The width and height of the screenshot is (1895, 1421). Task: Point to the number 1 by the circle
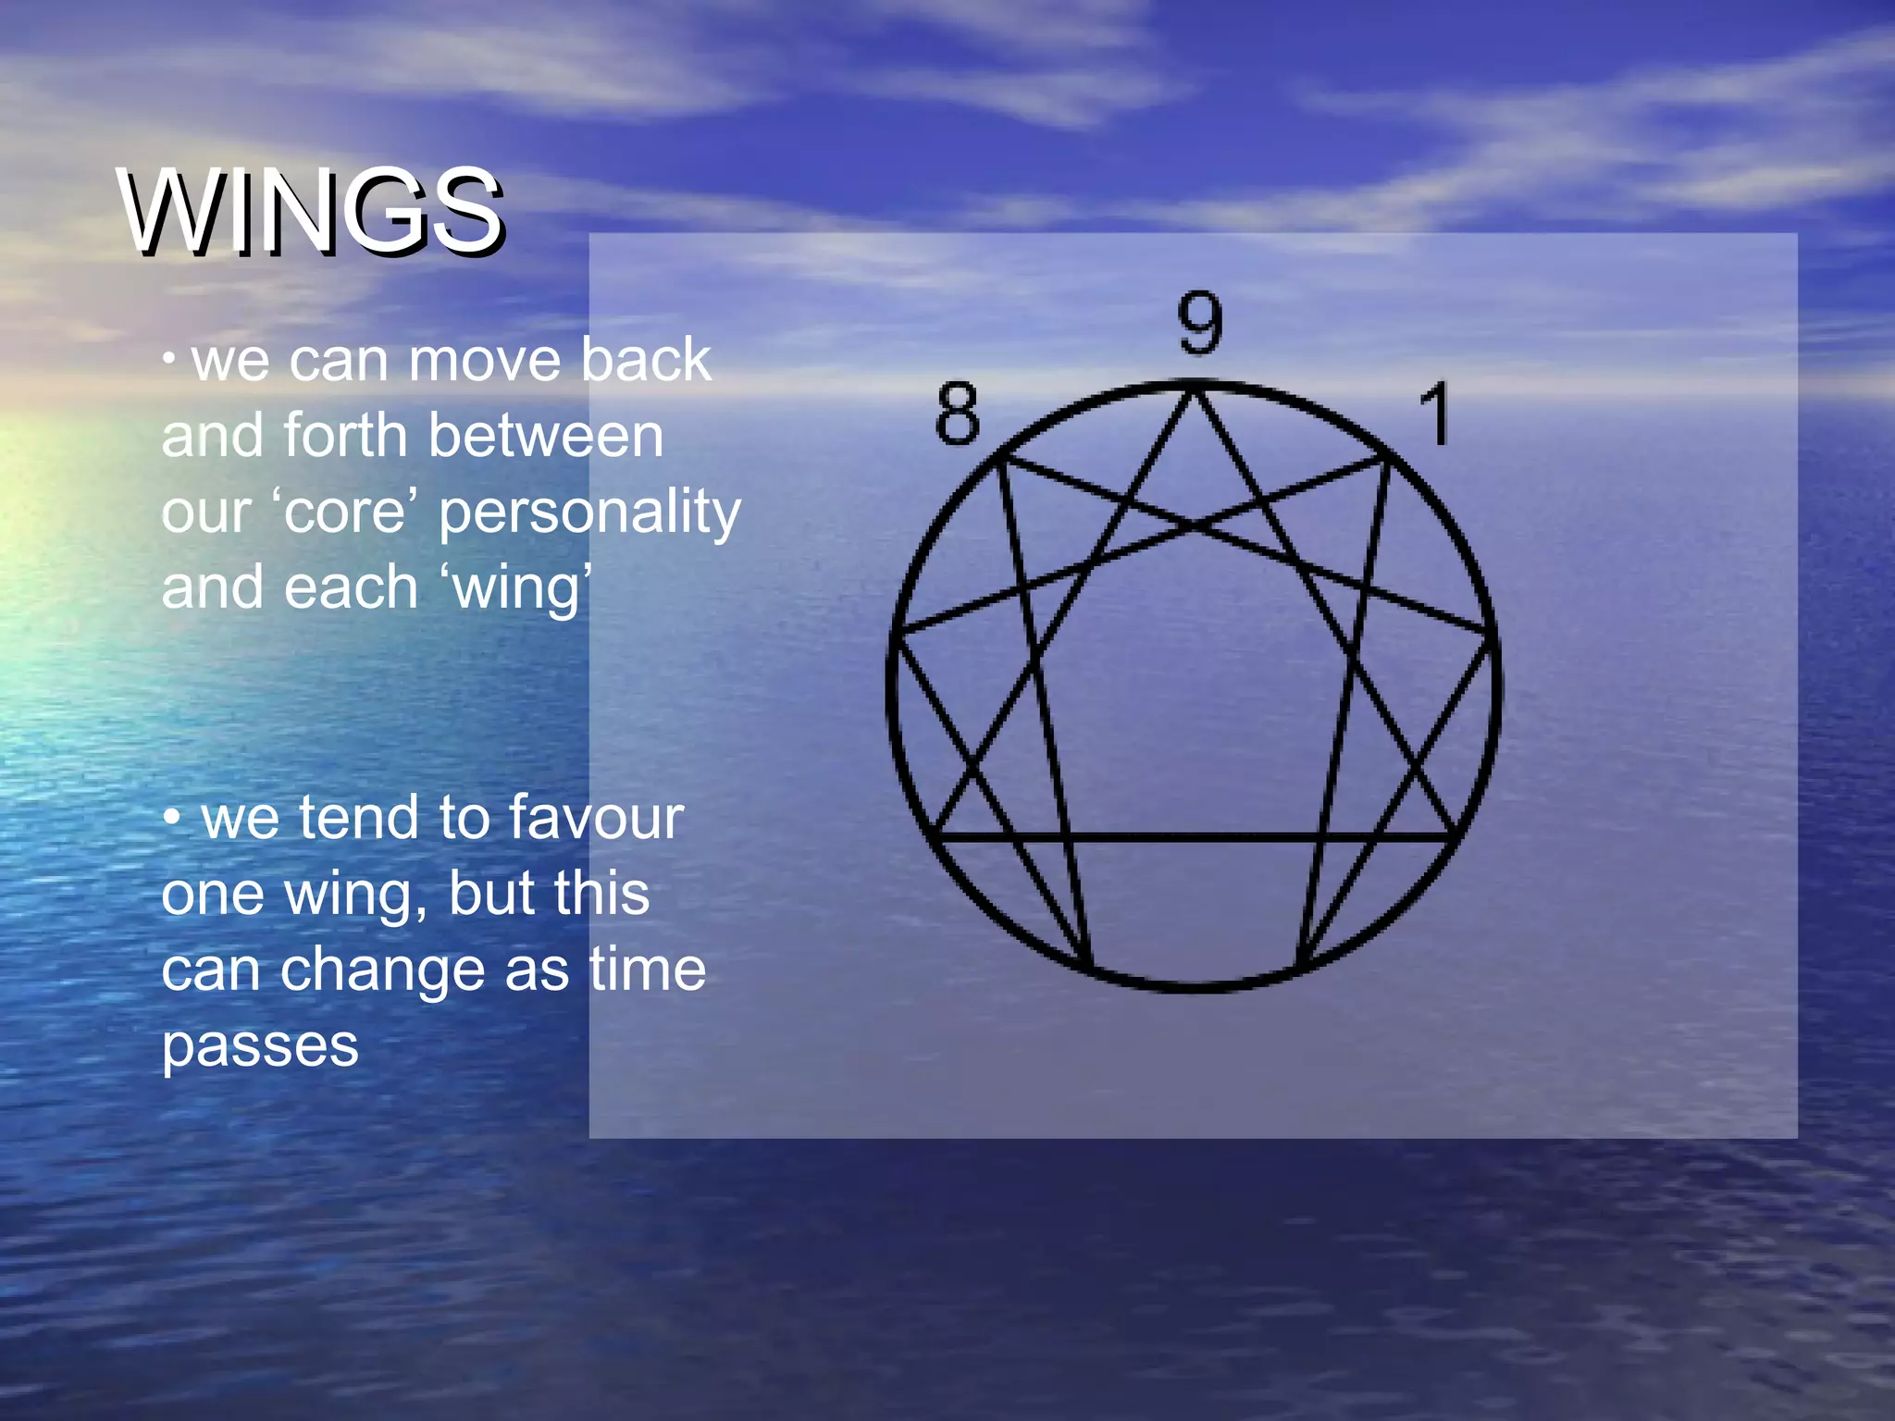(x=1435, y=414)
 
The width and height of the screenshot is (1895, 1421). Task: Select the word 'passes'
(x=260, y=1047)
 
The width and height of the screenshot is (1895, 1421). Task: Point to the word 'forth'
(x=345, y=436)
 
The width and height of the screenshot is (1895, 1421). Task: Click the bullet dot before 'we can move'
(x=168, y=359)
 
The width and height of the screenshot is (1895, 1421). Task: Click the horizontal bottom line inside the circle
(x=1194, y=837)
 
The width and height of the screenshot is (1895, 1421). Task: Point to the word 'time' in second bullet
(x=648, y=970)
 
